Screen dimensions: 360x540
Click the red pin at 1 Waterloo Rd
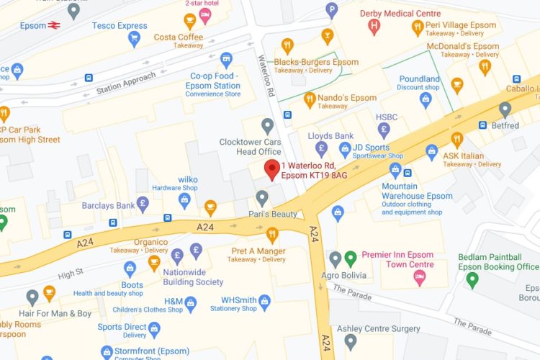pyautogui.click(x=271, y=169)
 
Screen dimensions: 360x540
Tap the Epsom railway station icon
pyautogui.click(x=54, y=25)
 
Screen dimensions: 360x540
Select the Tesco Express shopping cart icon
pyautogui.click(x=134, y=39)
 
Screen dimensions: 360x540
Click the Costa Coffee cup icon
pyautogui.click(x=190, y=20)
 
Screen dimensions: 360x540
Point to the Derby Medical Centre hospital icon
pyautogui.click(x=374, y=27)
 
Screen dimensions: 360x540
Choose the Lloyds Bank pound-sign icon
pyautogui.click(x=321, y=148)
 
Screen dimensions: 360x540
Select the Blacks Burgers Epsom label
pyautogui.click(x=316, y=62)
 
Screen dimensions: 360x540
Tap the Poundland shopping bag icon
pyautogui.click(x=426, y=99)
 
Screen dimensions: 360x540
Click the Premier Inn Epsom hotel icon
pyautogui.click(x=419, y=277)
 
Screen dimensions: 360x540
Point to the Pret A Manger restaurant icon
pyautogui.click(x=272, y=234)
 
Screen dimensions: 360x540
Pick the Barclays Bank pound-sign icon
pyautogui.click(x=143, y=204)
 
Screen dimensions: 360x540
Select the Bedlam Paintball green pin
pyautogui.click(x=472, y=279)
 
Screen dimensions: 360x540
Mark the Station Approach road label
pyautogui.click(x=126, y=84)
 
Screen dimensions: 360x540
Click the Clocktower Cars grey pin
pyautogui.click(x=268, y=127)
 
